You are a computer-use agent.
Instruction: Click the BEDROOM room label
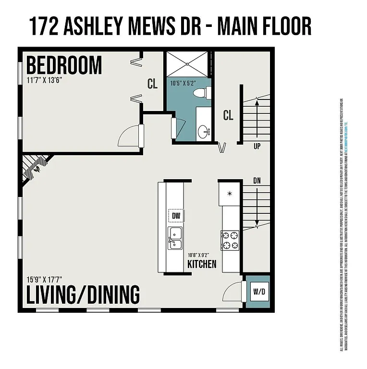(x=64, y=65)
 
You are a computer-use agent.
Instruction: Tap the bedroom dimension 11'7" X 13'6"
(x=44, y=80)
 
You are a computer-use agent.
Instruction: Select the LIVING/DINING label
(x=83, y=294)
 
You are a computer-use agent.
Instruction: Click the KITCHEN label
(x=202, y=264)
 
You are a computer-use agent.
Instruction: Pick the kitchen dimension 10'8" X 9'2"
(x=200, y=254)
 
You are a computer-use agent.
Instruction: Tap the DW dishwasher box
(x=176, y=216)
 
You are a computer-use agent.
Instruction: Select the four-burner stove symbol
(x=230, y=240)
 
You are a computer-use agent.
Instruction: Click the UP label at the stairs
(x=257, y=146)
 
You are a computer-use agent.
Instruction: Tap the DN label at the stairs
(x=257, y=181)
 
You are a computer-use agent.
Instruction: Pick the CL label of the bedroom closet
(x=152, y=84)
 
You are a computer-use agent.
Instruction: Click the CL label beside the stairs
(x=228, y=115)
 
